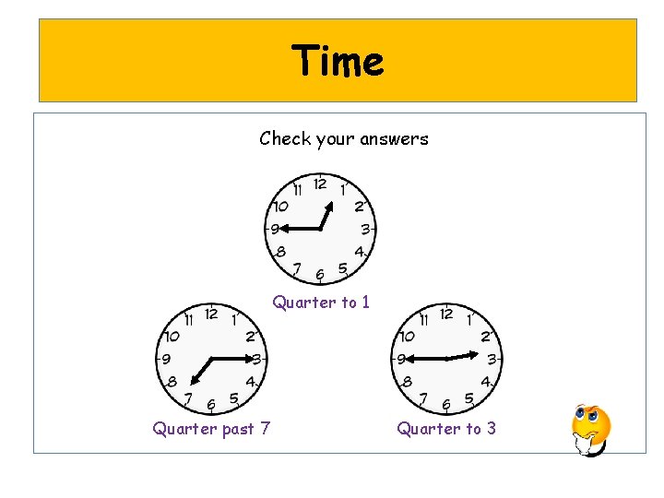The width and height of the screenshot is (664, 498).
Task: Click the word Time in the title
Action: click(338, 62)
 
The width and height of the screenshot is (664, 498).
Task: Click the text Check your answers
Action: click(344, 139)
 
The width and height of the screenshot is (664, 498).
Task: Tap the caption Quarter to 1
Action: click(321, 302)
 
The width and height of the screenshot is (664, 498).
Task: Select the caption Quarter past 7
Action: click(211, 428)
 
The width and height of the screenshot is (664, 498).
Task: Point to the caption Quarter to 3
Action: click(446, 428)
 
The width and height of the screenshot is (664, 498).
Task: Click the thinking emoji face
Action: click(590, 429)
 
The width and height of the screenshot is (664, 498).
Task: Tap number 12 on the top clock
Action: click(319, 184)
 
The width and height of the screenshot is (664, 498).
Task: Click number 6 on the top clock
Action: click(319, 274)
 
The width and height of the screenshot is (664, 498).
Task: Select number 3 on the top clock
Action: click(365, 229)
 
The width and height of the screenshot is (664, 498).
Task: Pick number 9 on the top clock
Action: click(275, 229)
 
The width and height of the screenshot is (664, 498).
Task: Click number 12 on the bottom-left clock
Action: click(210, 314)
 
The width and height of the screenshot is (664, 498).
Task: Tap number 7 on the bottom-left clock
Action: click(188, 398)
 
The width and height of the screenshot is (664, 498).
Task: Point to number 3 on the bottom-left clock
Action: click(256, 359)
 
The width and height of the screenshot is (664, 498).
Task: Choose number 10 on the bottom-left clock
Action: click(171, 337)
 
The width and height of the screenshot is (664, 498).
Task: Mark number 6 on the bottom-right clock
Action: click(446, 403)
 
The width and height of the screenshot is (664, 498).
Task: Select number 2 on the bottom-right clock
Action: click(485, 337)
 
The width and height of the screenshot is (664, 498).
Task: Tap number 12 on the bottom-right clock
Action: click(446, 314)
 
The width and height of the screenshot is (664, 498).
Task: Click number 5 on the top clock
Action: click(342, 268)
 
